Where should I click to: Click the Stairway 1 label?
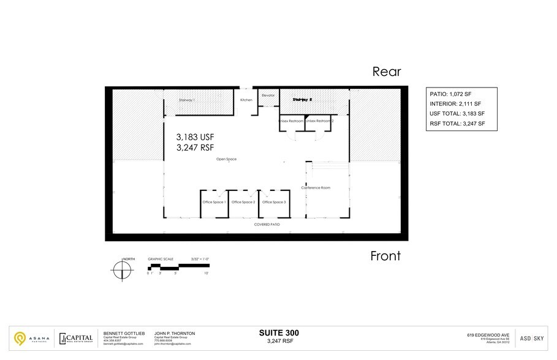(x=186, y=100)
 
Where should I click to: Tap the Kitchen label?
(x=246, y=100)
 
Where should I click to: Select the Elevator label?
(x=268, y=96)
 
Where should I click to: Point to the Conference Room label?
(x=316, y=188)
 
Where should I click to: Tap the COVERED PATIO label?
(x=267, y=225)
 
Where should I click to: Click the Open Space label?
(x=226, y=159)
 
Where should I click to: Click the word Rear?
(x=387, y=72)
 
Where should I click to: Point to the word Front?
(x=385, y=256)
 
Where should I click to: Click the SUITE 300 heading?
(x=278, y=333)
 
